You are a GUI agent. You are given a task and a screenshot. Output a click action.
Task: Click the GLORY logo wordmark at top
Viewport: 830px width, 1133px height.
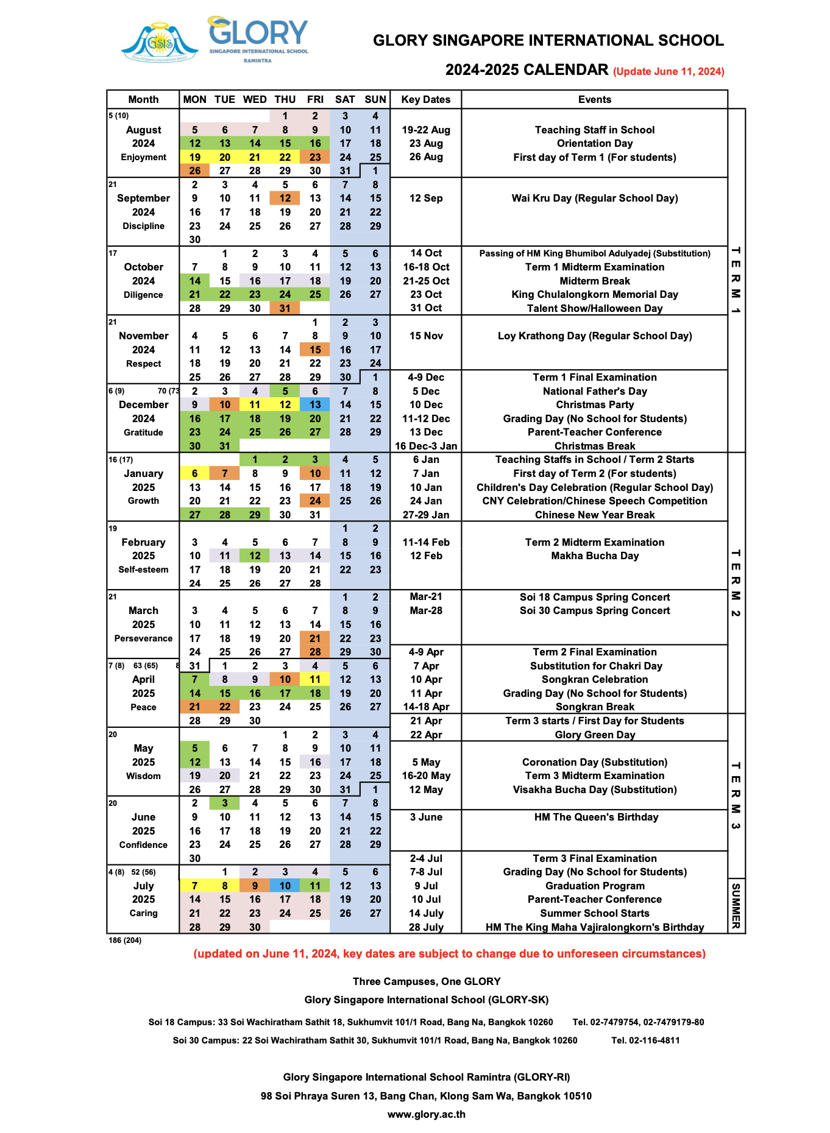click(258, 35)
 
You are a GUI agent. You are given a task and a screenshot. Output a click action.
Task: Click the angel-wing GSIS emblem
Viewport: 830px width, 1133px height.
click(160, 43)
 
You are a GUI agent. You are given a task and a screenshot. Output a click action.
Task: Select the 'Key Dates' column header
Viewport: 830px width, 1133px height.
click(426, 99)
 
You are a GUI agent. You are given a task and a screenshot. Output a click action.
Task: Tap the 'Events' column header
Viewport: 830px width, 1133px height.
click(594, 99)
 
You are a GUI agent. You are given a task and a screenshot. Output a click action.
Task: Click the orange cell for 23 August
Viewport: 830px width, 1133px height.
click(315, 157)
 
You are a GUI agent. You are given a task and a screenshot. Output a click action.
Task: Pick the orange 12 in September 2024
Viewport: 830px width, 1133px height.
click(285, 198)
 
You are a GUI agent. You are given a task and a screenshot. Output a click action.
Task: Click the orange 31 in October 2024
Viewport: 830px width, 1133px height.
click(285, 308)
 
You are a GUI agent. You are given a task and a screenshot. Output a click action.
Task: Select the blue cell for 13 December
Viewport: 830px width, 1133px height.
click(315, 404)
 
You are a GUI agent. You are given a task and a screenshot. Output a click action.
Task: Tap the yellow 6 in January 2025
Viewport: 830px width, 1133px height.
click(195, 473)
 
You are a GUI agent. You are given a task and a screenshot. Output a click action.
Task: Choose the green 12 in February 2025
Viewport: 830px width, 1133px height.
click(255, 556)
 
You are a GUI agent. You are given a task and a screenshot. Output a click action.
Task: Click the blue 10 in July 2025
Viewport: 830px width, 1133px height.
click(285, 886)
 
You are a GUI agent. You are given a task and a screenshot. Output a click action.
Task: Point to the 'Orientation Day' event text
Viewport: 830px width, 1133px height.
click(594, 143)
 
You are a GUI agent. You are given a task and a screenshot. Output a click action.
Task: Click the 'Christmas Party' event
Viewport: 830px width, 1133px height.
click(594, 404)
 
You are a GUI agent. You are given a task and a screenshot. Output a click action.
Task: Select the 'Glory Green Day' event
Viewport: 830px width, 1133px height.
click(594, 735)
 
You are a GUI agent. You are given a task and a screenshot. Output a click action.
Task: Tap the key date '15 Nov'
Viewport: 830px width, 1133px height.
click(426, 336)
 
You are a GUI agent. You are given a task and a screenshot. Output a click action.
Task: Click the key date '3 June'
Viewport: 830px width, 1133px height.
click(426, 817)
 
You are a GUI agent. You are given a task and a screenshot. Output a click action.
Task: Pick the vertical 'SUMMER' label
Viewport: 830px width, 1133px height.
click(736, 906)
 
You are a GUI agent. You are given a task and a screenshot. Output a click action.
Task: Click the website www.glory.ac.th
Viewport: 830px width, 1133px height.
click(427, 1114)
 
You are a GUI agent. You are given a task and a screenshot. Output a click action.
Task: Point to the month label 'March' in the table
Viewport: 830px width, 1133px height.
click(143, 610)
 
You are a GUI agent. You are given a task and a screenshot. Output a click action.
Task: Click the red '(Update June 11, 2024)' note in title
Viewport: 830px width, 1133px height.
click(669, 71)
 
